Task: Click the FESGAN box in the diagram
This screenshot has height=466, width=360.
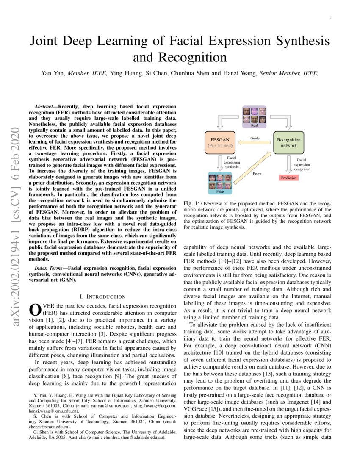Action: point(219,142)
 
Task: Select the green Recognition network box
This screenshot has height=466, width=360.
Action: point(288,142)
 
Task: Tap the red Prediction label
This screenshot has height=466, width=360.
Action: point(288,178)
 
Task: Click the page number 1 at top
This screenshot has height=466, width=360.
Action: point(330,17)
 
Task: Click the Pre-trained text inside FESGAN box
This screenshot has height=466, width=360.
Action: point(219,145)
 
